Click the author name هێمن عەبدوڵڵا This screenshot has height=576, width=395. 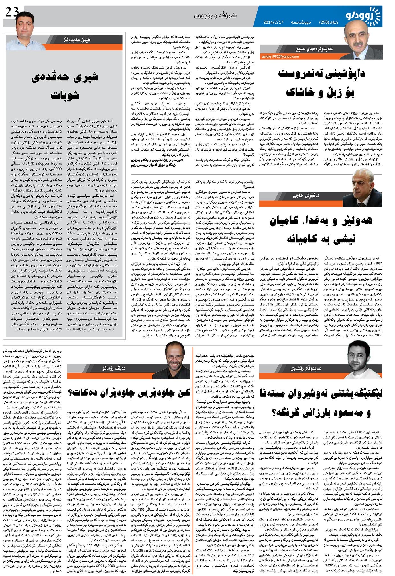tap(77, 40)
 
